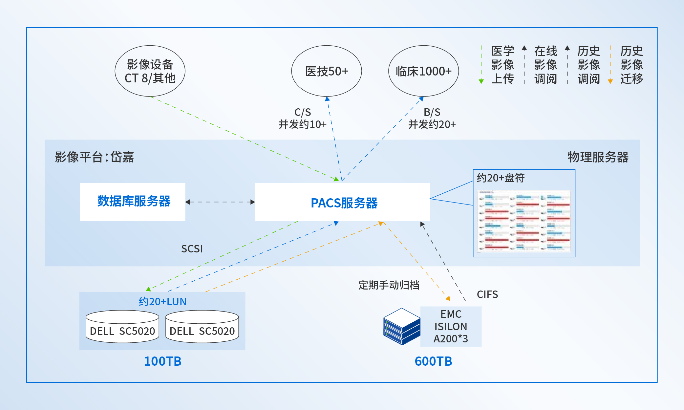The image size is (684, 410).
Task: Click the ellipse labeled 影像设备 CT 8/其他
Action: [x=150, y=71]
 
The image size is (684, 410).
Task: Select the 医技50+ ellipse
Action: [x=326, y=71]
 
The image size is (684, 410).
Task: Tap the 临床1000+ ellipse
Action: [x=423, y=71]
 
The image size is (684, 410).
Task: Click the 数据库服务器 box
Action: [x=133, y=202]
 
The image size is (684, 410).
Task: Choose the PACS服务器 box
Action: [x=342, y=202]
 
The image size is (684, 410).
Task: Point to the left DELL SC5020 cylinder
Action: [x=122, y=327]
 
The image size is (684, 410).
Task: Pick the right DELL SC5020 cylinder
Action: [x=202, y=327]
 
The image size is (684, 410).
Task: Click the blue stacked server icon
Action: [x=402, y=327]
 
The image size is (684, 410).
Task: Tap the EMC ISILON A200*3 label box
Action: [x=451, y=326]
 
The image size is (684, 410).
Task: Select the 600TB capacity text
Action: [x=433, y=361]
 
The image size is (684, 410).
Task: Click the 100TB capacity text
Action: [x=162, y=361]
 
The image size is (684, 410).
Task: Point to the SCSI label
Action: [x=192, y=249]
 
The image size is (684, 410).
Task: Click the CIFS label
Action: [x=487, y=294]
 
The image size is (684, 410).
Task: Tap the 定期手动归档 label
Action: [x=389, y=285]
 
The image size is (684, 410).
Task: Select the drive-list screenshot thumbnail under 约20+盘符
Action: [x=524, y=221]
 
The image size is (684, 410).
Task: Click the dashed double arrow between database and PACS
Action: [x=220, y=202]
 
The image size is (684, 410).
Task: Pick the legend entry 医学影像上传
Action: [x=502, y=65]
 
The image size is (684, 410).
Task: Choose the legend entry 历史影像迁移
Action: [x=631, y=65]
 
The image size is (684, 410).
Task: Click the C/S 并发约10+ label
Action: [x=302, y=118]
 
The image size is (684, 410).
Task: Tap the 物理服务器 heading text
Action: [x=598, y=157]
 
